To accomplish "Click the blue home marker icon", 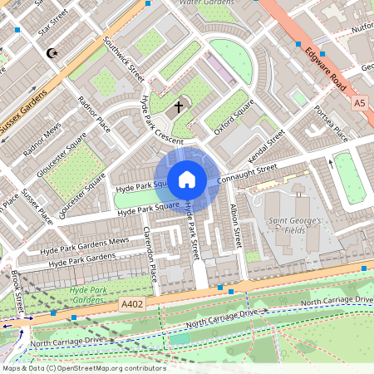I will click(187, 179).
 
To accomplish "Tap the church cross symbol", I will click(177, 107).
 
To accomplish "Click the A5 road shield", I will click(359, 103).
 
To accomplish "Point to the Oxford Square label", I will click(232, 117).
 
